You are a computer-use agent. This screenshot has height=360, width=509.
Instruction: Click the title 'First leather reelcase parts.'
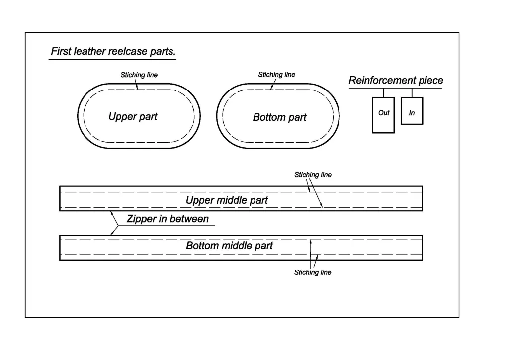pos(113,52)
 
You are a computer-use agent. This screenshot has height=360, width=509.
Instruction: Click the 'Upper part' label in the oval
pos(133,117)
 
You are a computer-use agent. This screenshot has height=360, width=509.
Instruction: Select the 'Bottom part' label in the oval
pos(279,118)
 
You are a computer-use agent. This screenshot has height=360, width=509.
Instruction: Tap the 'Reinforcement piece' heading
pos(396,81)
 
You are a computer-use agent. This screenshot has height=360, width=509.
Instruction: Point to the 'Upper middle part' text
pos(227,200)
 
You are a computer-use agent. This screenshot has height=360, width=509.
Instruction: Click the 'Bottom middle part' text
pos(229,246)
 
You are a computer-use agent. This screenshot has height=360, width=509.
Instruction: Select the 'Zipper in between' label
pos(168,219)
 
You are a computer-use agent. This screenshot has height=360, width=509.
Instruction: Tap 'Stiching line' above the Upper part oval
pos(139,75)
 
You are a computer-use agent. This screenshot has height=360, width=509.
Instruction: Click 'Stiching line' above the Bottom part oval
pos(276,75)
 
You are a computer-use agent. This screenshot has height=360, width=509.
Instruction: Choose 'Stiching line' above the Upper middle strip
pos(313,175)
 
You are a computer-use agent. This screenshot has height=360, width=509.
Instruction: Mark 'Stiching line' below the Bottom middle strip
pos(313,272)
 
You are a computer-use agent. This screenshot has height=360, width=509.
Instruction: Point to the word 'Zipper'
pos(140,219)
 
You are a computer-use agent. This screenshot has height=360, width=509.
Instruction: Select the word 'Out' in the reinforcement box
pos(384,113)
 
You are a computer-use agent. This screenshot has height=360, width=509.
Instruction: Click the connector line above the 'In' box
pos(412,92)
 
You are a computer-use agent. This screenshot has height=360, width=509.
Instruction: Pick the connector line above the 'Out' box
pos(383,92)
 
